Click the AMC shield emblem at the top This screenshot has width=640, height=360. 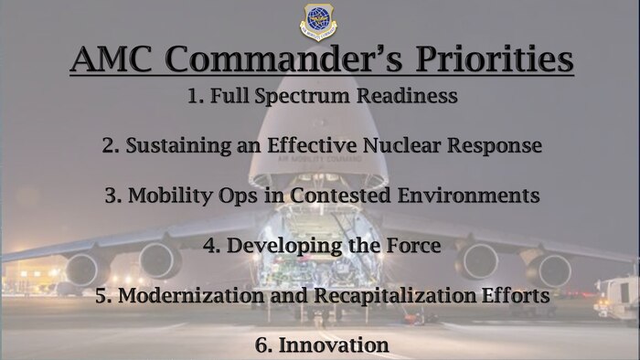click(319, 22)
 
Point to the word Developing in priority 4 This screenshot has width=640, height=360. click(277, 246)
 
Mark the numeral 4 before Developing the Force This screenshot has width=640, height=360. click(208, 246)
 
